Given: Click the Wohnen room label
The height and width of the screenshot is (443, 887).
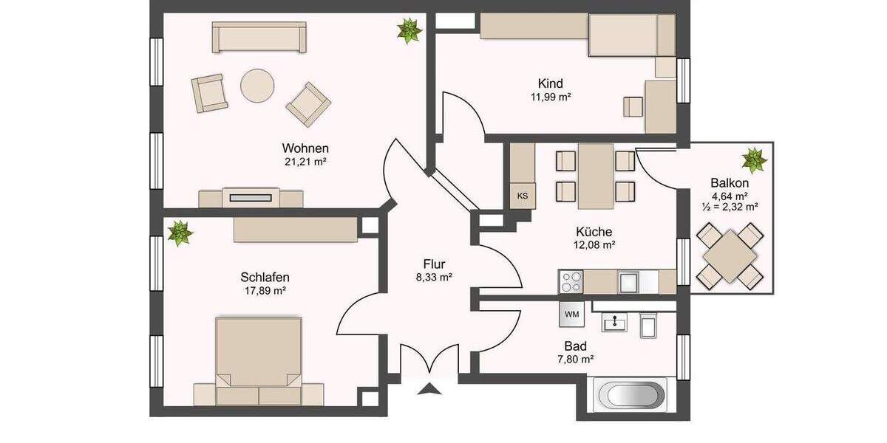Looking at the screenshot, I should tap(305, 147).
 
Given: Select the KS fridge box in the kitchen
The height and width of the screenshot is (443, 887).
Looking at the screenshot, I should tap(523, 196).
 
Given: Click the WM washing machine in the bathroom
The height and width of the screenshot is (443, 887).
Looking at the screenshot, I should tap(571, 314).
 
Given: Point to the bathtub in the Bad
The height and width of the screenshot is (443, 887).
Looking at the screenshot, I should tap(631, 395).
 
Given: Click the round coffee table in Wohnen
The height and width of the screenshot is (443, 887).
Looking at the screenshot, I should tap(256, 86).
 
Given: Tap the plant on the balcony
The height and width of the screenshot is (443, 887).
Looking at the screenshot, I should tap(754, 159).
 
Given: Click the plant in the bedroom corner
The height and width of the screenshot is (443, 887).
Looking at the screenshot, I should tap(180, 233).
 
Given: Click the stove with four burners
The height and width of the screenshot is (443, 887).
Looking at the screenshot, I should tap(571, 282).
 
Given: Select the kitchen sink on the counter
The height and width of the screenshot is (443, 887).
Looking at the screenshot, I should tap(628, 282).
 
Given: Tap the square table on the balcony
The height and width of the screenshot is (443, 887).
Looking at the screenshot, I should tap(730, 255).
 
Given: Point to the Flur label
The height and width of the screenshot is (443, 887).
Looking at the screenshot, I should tap(434, 264).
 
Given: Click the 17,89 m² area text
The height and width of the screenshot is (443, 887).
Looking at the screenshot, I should tap(264, 291).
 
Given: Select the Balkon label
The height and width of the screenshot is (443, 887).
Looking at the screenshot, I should tap(730, 183).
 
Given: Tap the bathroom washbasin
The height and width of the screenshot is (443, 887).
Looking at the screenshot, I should tap(614, 323).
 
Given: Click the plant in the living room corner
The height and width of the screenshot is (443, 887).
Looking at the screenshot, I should tap(409, 30).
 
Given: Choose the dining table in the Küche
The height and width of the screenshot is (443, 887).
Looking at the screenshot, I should tap(595, 176).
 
